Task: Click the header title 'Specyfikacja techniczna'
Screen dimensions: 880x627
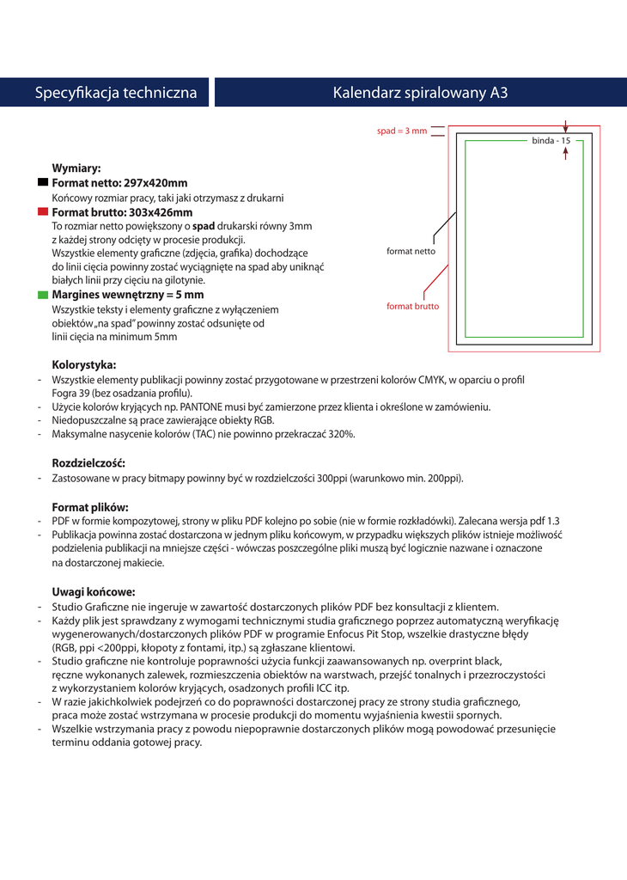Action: tap(116, 93)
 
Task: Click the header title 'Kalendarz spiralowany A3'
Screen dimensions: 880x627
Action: tap(420, 93)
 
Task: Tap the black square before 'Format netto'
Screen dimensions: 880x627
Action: tap(43, 183)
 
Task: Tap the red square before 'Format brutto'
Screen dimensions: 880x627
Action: tap(43, 212)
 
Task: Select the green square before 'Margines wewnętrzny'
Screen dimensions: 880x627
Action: tap(43, 294)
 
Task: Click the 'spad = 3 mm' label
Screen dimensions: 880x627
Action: tap(402, 131)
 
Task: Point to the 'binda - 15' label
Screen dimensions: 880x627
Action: tap(551, 140)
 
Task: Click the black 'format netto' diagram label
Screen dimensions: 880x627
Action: tap(411, 252)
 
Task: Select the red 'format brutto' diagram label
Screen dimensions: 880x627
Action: tap(412, 305)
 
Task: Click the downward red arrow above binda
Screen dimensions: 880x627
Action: tap(565, 125)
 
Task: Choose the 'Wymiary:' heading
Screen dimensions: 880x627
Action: tap(76, 168)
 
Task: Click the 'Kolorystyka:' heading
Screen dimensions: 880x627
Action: tap(84, 364)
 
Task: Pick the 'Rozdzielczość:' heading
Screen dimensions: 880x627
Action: tap(88, 463)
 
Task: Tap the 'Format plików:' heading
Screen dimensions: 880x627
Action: tap(90, 506)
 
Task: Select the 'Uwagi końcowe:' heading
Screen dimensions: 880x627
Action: tap(94, 591)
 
